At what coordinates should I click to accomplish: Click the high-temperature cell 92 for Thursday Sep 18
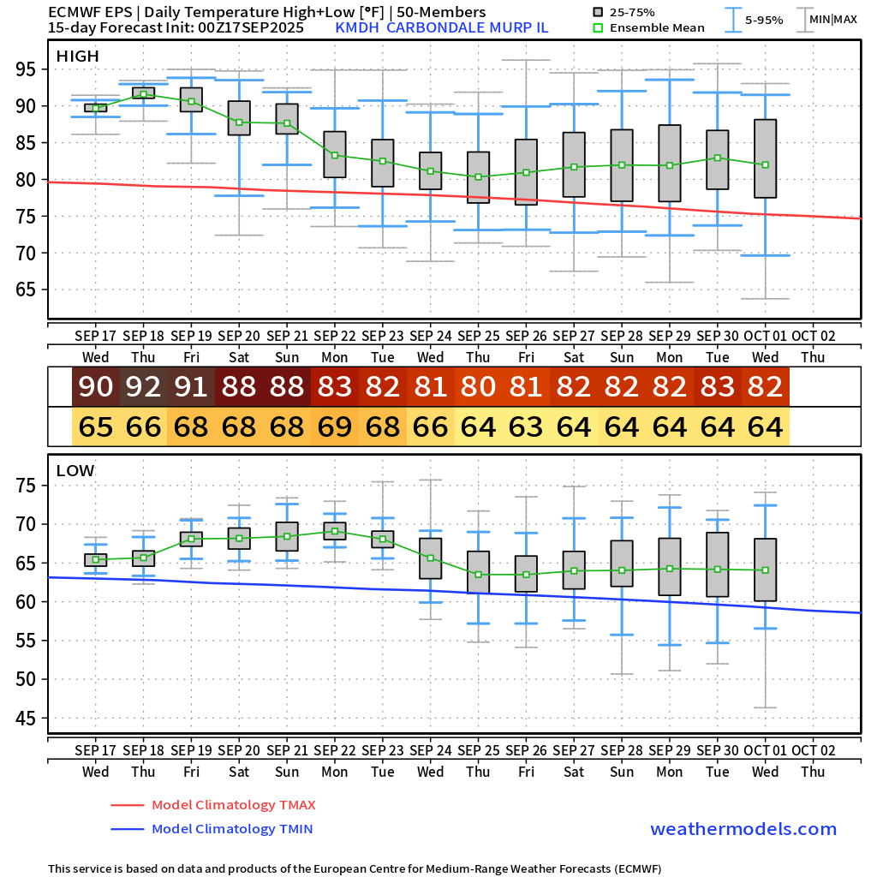pyautogui.click(x=143, y=387)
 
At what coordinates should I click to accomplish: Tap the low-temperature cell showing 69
pyautogui.click(x=335, y=426)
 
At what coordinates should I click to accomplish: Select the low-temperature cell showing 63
pyautogui.click(x=526, y=426)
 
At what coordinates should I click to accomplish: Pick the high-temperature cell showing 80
pyautogui.click(x=478, y=387)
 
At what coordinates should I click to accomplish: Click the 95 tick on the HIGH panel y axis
pyautogui.click(x=32, y=69)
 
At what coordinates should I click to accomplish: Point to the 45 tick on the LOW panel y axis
pyautogui.click(x=32, y=719)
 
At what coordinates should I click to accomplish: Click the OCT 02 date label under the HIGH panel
pyautogui.click(x=813, y=336)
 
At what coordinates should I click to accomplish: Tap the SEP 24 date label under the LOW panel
pyautogui.click(x=430, y=750)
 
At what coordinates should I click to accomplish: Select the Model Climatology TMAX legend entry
pyautogui.click(x=233, y=805)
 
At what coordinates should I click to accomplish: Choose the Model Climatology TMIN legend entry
pyautogui.click(x=231, y=829)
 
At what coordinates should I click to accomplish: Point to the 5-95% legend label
pyautogui.click(x=763, y=20)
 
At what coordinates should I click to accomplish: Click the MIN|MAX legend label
pyautogui.click(x=832, y=19)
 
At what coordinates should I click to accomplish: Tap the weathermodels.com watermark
pyautogui.click(x=743, y=829)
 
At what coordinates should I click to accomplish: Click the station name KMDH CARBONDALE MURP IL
pyautogui.click(x=442, y=27)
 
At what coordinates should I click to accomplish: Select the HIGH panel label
pyautogui.click(x=78, y=57)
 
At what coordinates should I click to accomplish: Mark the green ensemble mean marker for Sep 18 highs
pyautogui.click(x=143, y=93)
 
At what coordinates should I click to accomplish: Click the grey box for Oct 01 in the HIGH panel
pyautogui.click(x=765, y=158)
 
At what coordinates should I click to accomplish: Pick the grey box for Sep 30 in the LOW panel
pyautogui.click(x=717, y=564)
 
